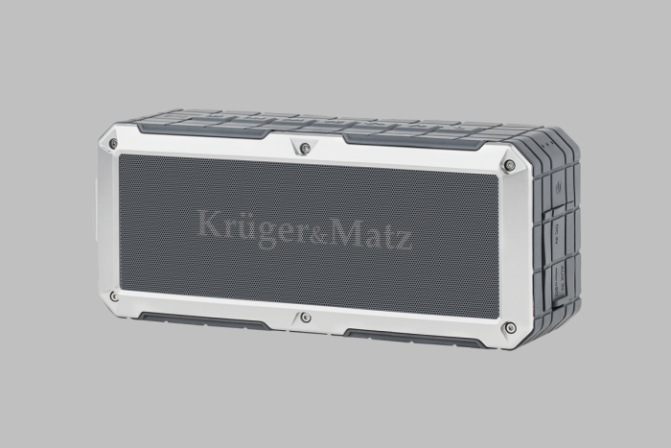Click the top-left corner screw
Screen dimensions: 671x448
coord(113,144)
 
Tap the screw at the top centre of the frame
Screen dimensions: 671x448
coord(305,148)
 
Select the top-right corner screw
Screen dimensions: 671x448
coord(509,165)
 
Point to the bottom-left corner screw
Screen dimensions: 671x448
coord(114,296)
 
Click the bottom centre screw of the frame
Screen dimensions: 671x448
coord(305,318)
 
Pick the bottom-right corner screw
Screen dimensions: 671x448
coord(510,328)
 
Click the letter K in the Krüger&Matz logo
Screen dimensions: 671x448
coord(212,224)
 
